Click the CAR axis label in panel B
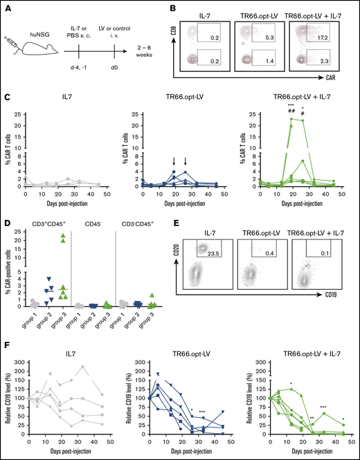pos(341,92)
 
